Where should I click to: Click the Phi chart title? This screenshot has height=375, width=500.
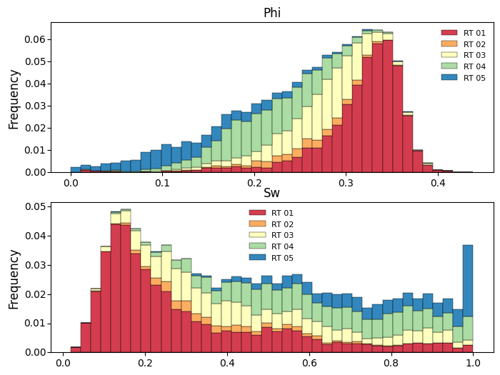coord(272,13)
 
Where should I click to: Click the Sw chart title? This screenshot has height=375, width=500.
coord(271,193)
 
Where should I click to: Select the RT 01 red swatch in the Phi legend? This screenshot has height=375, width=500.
coord(449,33)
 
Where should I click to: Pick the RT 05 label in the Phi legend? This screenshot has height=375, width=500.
coord(474,78)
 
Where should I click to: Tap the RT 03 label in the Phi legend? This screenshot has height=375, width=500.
coord(474,55)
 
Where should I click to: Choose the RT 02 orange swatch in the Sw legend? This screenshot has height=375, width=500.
coord(257,224)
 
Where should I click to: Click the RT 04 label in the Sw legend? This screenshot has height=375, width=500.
coord(282,246)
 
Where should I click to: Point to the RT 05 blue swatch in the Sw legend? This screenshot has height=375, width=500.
coord(257,257)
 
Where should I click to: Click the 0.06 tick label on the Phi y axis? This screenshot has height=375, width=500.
coord(35,39)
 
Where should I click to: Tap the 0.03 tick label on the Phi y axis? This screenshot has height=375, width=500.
coord(35,106)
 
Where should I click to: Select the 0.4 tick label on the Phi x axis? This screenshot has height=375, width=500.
coord(438,183)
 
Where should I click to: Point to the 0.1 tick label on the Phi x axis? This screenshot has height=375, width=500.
coord(162,183)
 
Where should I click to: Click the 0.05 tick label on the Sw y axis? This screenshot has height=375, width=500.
coord(35,206)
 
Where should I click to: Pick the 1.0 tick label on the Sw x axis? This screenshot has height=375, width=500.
coord(473,363)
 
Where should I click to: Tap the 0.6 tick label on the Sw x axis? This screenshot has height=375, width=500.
coord(309,363)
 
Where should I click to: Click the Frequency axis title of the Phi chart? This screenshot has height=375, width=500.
coord(14,99)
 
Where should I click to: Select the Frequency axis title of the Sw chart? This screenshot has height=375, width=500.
coord(14,279)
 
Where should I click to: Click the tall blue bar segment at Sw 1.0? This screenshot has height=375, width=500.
coord(468,281)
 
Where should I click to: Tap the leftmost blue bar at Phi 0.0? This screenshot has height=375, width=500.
coord(76,170)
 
